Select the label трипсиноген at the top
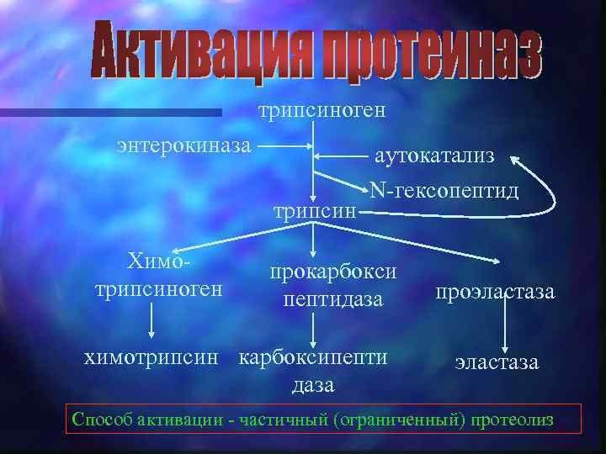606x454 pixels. pyautogui.click(x=322, y=110)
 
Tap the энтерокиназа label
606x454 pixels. pyautogui.click(x=184, y=145)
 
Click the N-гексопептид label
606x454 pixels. pyautogui.click(x=443, y=190)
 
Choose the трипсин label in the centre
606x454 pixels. pyautogui.click(x=313, y=210)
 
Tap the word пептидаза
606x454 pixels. pyautogui.click(x=333, y=298)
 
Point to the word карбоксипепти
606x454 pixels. pyautogui.click(x=314, y=356)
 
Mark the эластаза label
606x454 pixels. pyautogui.click(x=497, y=362)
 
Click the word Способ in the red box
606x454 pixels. pyautogui.click(x=99, y=420)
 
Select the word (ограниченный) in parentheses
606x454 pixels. pyautogui.click(x=397, y=420)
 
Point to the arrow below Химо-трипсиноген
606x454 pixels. pyautogui.click(x=152, y=321)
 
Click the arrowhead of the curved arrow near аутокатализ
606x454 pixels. pyautogui.click(x=516, y=159)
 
